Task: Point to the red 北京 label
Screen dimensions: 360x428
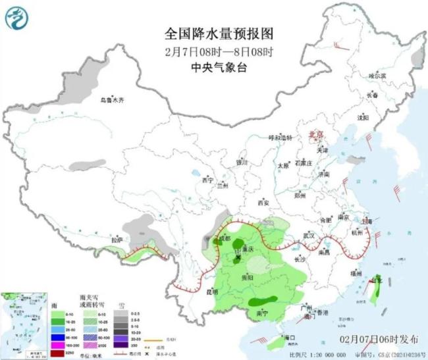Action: [317, 135]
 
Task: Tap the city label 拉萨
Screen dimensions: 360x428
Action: [117, 240]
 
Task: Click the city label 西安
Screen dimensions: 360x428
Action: [266, 202]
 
